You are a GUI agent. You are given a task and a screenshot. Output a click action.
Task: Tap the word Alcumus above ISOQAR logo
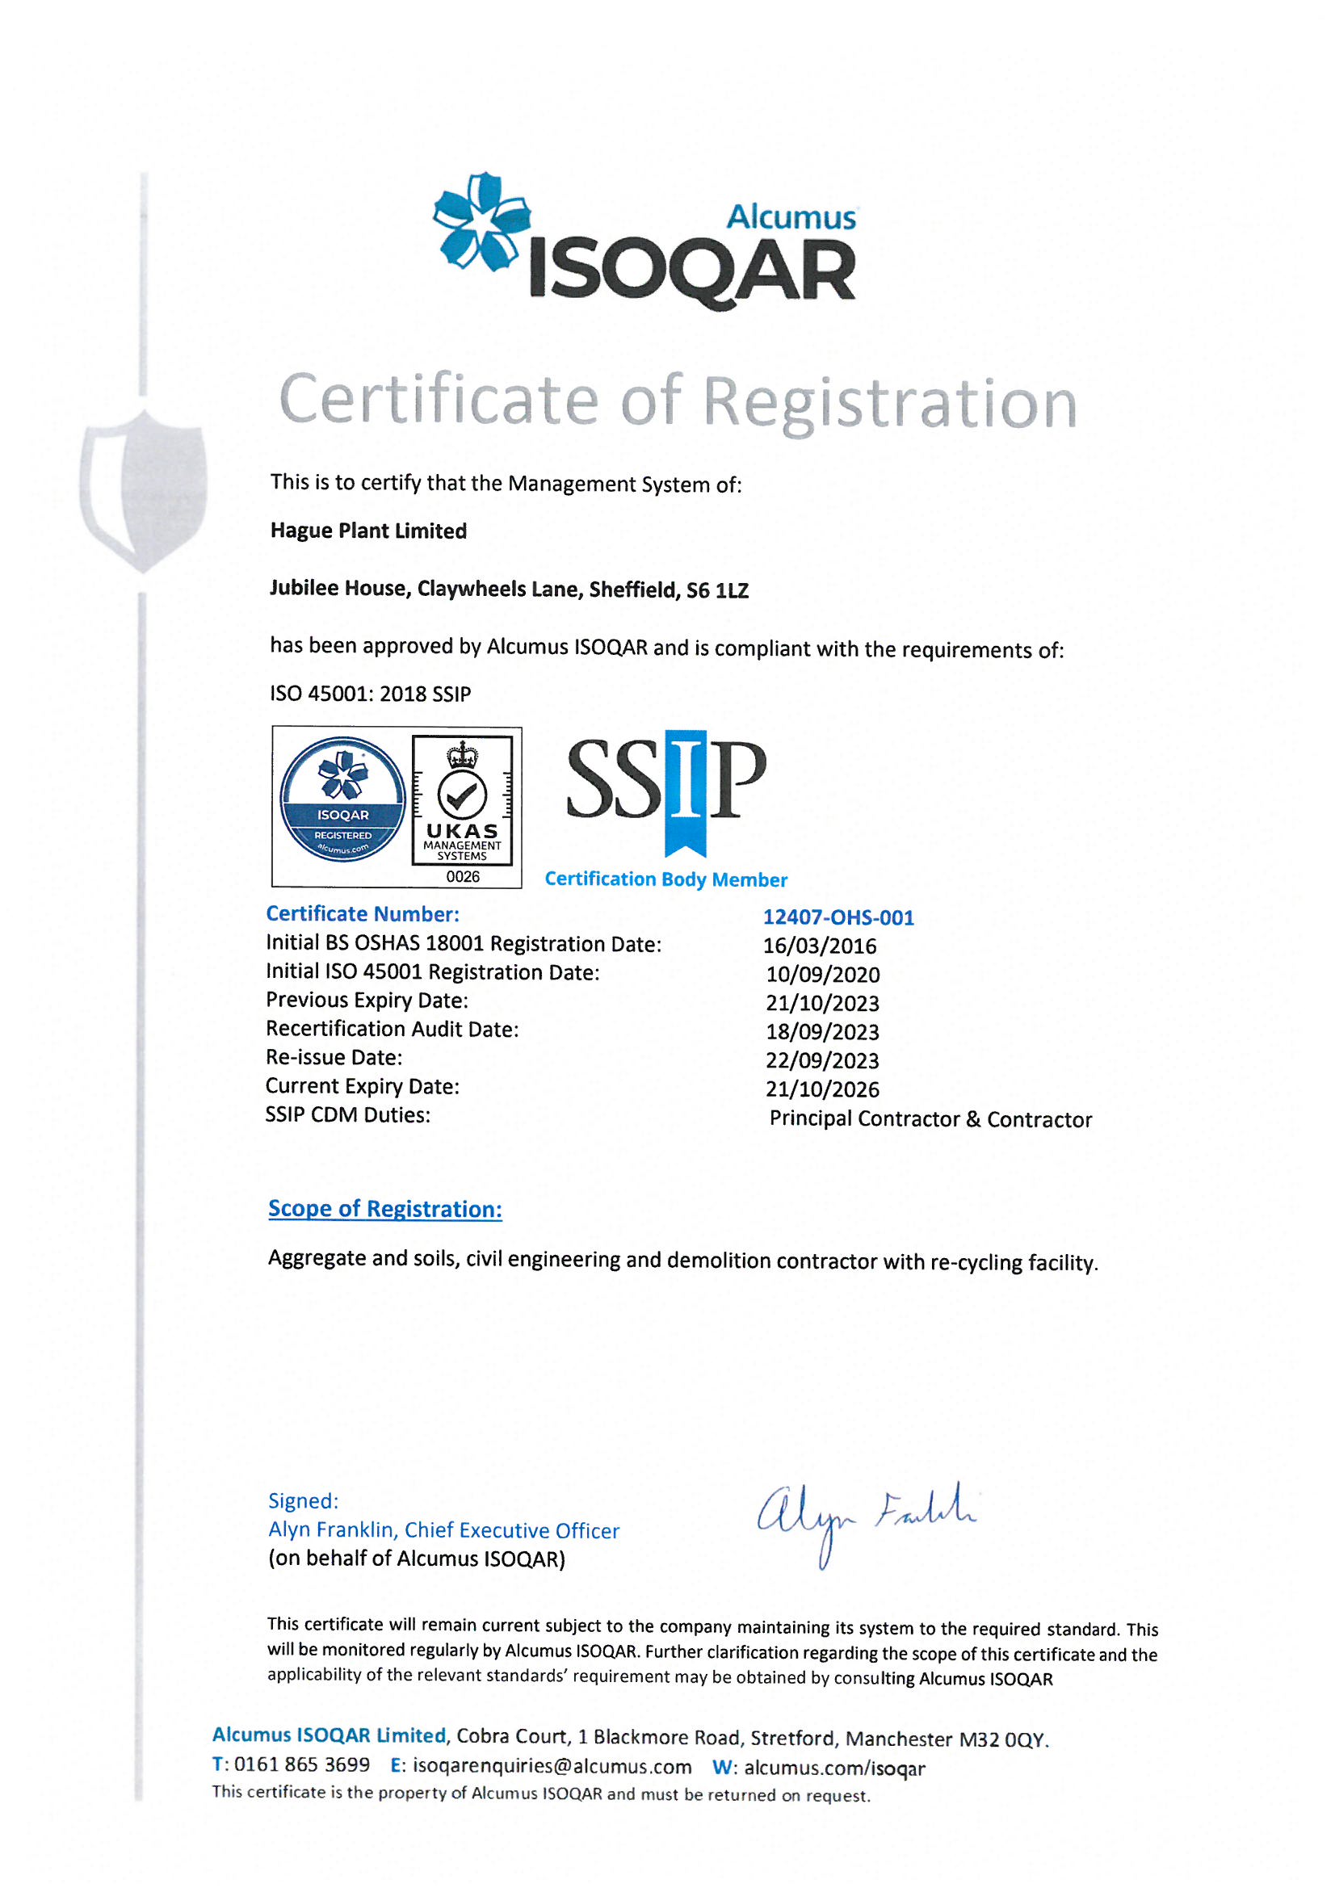791,217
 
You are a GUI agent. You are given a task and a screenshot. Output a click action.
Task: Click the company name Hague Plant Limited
368,531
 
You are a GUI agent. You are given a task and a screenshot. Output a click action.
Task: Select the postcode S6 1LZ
717,589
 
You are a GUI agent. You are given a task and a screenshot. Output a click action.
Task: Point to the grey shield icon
144,490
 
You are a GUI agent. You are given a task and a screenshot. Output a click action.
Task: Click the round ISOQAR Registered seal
343,799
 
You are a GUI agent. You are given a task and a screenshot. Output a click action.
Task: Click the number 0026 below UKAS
462,877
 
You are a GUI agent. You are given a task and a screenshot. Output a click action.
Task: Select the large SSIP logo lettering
666,781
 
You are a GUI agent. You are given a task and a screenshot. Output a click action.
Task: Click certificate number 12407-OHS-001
838,917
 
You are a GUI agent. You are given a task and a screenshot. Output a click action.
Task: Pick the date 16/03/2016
819,946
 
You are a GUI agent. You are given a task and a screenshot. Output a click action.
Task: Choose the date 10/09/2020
822,975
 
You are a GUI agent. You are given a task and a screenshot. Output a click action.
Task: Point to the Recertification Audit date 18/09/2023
822,1031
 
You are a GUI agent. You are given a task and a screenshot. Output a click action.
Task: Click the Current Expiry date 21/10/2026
822,1089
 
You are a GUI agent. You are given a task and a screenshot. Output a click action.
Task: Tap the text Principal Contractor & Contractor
930,1118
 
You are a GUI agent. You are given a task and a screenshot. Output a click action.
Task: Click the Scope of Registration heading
385,1208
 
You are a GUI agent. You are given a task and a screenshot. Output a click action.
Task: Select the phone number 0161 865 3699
302,1764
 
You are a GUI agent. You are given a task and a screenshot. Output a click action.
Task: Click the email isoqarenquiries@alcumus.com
552,1765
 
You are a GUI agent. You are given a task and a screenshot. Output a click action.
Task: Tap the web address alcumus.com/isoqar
834,1767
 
